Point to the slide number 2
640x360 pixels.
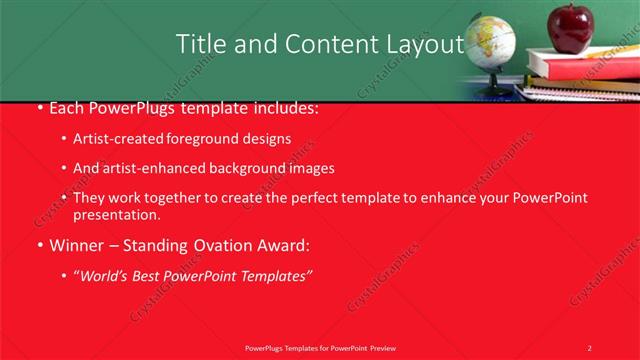coord(589,347)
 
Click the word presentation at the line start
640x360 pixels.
coord(116,214)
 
